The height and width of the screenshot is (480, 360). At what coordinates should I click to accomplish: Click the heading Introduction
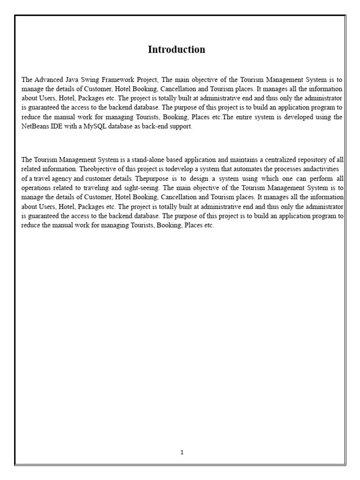tap(176, 50)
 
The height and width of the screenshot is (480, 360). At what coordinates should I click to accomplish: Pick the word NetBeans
tap(37, 127)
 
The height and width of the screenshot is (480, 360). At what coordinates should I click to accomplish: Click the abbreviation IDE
tap(60, 127)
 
